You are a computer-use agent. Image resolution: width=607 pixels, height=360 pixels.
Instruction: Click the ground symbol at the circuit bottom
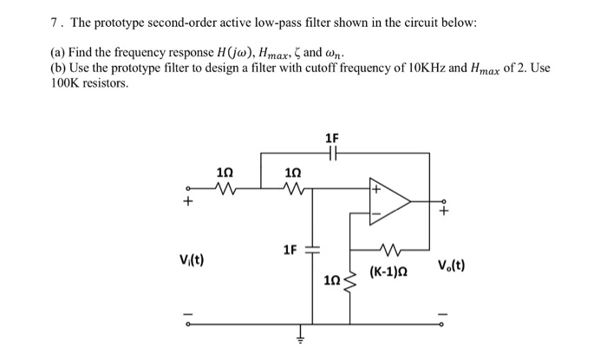(x=301, y=339)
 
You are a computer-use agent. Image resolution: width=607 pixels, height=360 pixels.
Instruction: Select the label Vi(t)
(x=191, y=260)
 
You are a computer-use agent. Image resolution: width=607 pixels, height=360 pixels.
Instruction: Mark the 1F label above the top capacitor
(x=332, y=138)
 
